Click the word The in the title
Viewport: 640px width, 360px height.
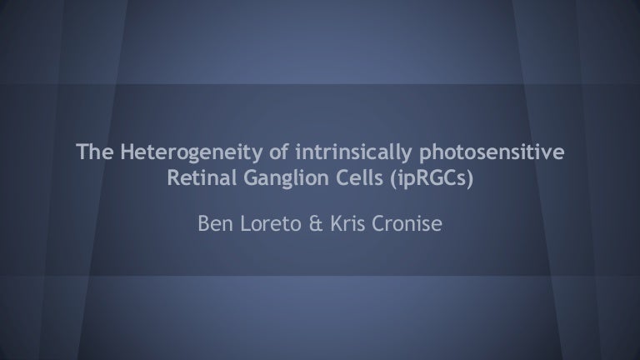tap(95, 152)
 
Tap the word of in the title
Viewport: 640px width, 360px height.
tap(279, 152)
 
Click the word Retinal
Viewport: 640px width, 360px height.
tap(202, 177)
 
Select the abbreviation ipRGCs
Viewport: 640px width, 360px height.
tap(432, 179)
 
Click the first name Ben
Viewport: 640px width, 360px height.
tap(216, 223)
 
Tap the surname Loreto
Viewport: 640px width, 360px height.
tap(271, 223)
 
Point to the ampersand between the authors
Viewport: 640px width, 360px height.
tap(316, 223)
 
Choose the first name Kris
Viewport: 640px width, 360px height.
tap(347, 223)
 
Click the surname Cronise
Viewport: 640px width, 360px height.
tap(407, 223)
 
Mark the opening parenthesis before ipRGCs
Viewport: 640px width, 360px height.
tap(393, 179)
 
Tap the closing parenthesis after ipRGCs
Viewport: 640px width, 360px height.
tap(470, 179)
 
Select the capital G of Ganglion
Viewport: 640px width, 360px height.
tap(252, 177)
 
